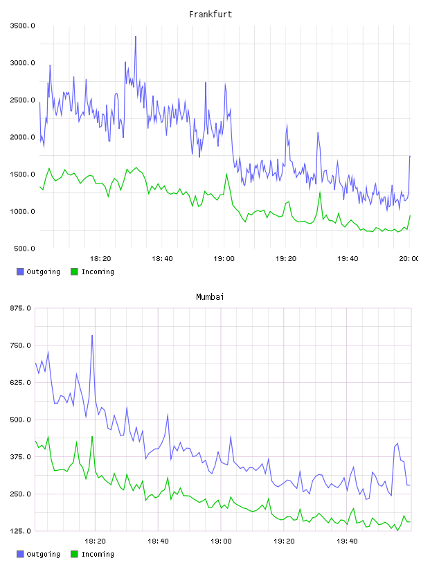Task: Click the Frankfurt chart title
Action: pos(210,15)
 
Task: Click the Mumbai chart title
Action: pos(210,297)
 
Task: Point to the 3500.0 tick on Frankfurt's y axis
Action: pos(22,26)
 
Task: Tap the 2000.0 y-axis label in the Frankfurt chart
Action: pos(22,137)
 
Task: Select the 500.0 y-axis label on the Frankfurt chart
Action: pos(24,249)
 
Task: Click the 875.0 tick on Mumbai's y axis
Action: pos(20,308)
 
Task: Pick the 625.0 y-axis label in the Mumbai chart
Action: pos(20,382)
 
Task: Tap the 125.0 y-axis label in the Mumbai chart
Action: pos(20,531)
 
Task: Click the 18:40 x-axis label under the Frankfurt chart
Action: pos(162,259)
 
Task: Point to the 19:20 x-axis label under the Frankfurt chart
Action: pos(286,259)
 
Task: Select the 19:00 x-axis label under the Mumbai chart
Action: pos(221,541)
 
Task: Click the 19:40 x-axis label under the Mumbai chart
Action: pos(347,541)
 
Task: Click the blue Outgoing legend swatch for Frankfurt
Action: pos(20,271)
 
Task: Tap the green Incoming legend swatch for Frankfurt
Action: pos(74,271)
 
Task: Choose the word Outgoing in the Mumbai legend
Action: pos(43,554)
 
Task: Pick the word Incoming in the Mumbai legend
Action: pos(98,554)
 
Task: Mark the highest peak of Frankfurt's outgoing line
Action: pos(136,37)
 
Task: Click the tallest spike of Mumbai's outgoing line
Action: pos(92,335)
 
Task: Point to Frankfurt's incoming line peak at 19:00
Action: pos(226,174)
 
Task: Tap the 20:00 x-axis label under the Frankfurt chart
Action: pos(410,259)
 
